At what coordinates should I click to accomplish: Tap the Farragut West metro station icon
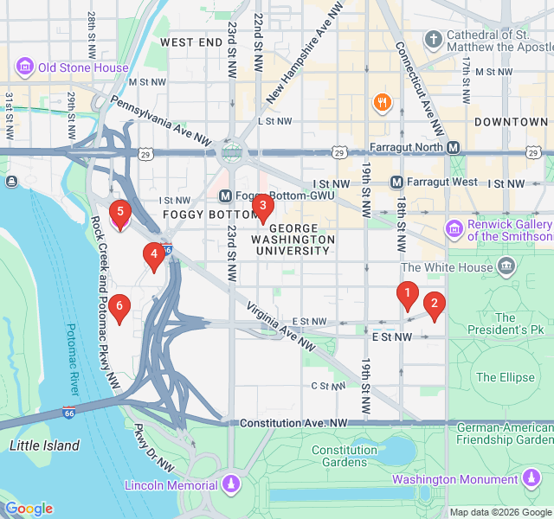397,183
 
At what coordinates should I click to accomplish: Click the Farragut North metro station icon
454,148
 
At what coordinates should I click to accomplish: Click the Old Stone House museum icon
24,67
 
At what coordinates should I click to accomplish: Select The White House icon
508,266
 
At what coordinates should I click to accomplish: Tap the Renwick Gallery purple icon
454,229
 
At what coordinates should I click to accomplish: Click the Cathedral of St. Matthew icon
433,40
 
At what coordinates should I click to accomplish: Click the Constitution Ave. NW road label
293,423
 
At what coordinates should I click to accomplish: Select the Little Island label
44,445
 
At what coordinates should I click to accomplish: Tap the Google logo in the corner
29,509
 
